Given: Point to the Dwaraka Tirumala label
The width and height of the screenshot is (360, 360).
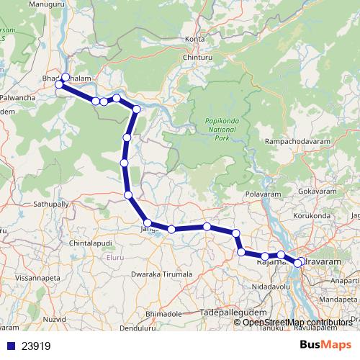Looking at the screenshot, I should pyautogui.click(x=162, y=274).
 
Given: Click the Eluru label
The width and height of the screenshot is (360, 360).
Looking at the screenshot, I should pyautogui.click(x=116, y=257).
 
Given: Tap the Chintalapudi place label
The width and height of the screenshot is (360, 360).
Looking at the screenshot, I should pyautogui.click(x=91, y=245).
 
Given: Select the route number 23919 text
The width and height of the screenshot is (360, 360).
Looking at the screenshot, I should pyautogui.click(x=36, y=346).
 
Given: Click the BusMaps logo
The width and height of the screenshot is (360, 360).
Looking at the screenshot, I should pyautogui.click(x=331, y=345).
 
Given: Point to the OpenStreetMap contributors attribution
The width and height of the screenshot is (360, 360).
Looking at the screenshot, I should pyautogui.click(x=297, y=322).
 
